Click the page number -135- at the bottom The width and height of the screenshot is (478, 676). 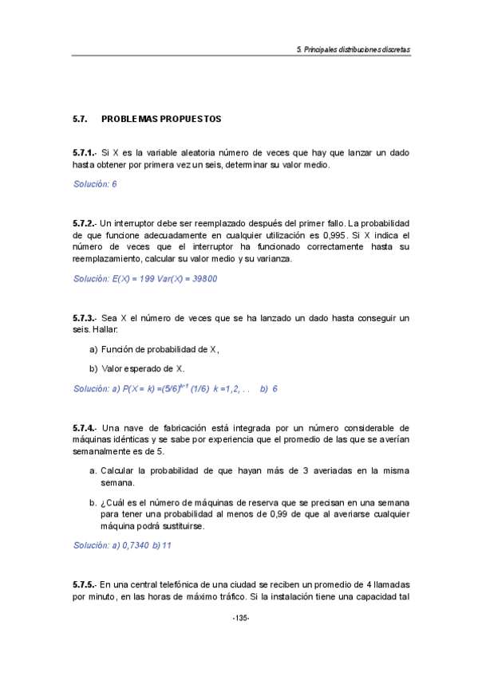[240, 619]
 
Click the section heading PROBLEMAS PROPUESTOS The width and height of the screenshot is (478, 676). [161, 119]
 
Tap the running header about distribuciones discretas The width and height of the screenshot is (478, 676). [353, 49]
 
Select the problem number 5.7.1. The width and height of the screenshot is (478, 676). [84, 152]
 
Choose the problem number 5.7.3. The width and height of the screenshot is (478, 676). [84, 318]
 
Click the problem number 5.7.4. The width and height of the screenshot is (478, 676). [84, 428]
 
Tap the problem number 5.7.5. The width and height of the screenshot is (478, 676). [84, 583]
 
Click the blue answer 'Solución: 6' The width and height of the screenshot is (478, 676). [95, 184]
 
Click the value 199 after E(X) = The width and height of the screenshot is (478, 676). [143, 279]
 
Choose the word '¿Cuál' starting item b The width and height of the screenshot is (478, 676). [112, 502]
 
